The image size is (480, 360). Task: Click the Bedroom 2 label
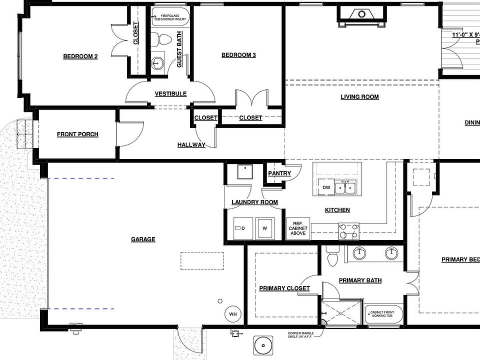coord(80,56)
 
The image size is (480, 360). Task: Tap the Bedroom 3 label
coord(238,55)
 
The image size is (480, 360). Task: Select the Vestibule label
coord(170,93)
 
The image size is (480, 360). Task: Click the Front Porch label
coord(77,134)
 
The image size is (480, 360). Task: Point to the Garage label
coord(143,239)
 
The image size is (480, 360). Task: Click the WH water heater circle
coord(232,314)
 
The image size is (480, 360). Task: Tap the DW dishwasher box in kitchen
coord(326,187)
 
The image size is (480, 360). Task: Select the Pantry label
coord(279,173)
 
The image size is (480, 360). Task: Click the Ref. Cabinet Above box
coord(298,227)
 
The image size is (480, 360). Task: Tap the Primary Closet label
coord(284,288)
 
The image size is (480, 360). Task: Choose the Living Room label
coord(359,96)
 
